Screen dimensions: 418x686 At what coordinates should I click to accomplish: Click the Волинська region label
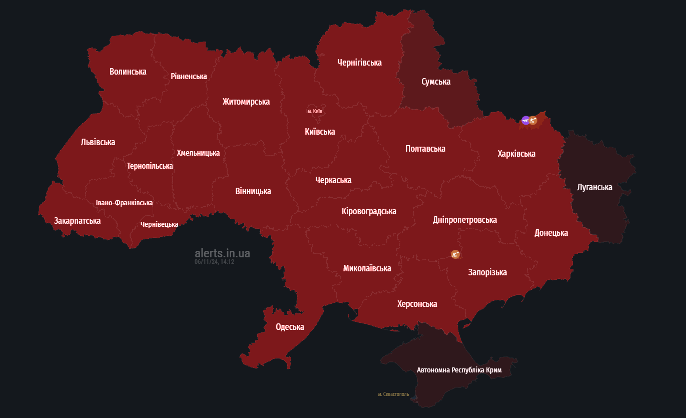[x=128, y=72]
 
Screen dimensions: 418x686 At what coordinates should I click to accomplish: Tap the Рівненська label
[x=189, y=76]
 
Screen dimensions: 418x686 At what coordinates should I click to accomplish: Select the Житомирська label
[x=246, y=102]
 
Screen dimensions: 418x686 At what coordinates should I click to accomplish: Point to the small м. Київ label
[x=315, y=111]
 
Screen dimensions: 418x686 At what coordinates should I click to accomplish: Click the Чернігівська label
[x=359, y=63]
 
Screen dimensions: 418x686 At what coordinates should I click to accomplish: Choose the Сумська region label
[x=436, y=82]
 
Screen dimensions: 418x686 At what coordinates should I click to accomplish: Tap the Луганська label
[x=594, y=187]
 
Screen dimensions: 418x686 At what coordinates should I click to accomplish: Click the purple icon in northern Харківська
[x=525, y=120]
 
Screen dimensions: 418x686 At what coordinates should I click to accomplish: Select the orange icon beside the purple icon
[x=533, y=120]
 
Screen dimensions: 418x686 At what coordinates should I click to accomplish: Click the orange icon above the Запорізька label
[x=455, y=255]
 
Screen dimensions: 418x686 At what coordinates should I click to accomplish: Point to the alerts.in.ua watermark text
[x=223, y=253]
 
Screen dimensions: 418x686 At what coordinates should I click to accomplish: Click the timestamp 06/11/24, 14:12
[x=214, y=262]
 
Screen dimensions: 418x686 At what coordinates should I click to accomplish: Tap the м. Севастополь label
[x=393, y=394]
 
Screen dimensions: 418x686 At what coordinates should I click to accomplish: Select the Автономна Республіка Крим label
[x=459, y=370]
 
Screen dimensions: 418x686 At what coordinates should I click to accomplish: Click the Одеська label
[x=290, y=327]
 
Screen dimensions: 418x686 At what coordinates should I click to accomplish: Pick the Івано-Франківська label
[x=124, y=203]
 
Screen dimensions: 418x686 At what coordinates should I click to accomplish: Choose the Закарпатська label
[x=77, y=221]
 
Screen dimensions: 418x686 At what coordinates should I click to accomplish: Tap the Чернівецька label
[x=159, y=224]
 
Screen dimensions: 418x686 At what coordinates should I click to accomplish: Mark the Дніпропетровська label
[x=465, y=220]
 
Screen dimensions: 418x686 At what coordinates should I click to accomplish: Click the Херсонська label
[x=417, y=304]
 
